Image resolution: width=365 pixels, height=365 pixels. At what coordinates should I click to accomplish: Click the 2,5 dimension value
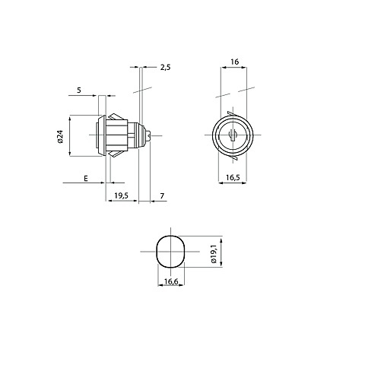pos(165,68)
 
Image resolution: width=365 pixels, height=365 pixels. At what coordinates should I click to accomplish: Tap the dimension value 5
pos(79,90)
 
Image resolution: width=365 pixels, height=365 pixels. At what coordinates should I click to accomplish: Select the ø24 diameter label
pos(60,136)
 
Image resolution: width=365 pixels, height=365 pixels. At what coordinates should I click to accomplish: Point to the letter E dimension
pos(86,179)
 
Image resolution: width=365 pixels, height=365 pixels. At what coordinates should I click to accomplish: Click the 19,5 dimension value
pos(122,195)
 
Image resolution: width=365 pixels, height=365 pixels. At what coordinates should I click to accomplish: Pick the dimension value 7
pos(162,195)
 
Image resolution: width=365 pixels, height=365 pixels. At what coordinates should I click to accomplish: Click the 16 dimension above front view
pos(235,62)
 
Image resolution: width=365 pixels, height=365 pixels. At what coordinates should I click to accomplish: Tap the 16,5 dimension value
pos(233,177)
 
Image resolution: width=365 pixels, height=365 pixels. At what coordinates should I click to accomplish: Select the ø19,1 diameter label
pos(214,254)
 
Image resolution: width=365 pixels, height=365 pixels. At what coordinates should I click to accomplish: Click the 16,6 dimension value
pos(171,281)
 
